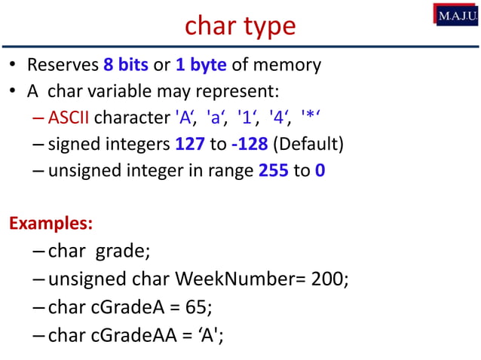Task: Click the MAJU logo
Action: pos(455,14)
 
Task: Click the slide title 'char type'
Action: pos(240,26)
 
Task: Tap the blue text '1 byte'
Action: pos(201,65)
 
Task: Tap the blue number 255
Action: pos(273,170)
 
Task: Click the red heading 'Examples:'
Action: pos(51,224)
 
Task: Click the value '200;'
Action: pos(329,279)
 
